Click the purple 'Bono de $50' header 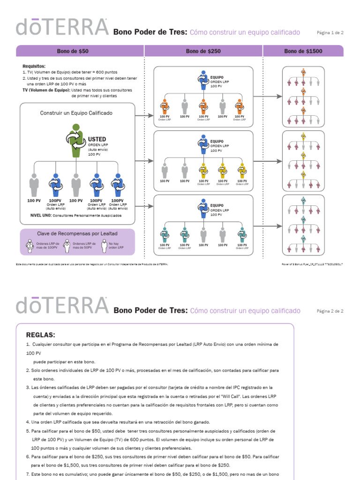[x=73, y=51]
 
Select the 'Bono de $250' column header [x=203, y=51]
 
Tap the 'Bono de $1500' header [x=303, y=51]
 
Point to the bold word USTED [x=97, y=139]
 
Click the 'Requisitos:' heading [x=34, y=67]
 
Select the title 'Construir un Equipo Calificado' [x=76, y=113]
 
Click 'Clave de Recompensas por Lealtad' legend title [x=77, y=233]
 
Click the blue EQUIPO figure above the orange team [x=203, y=80]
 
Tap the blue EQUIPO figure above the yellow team [x=203, y=144]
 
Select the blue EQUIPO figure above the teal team [x=203, y=208]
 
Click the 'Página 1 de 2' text [x=330, y=33]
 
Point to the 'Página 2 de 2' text [x=330, y=311]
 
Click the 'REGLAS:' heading [x=40, y=335]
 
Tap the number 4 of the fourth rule [x=28, y=422]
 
